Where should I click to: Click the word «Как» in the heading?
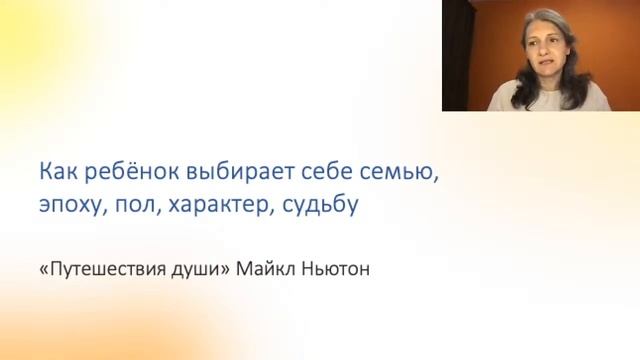point(58,172)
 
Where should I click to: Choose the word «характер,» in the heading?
point(220,207)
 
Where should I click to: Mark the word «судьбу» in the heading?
point(322,207)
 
